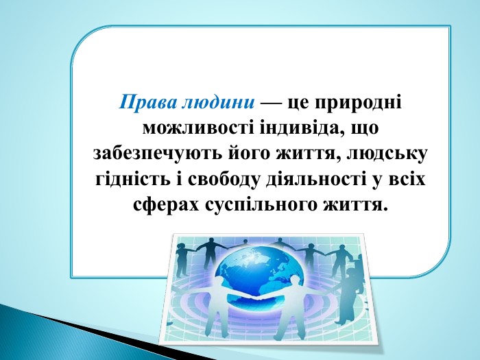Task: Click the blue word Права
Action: tap(148, 102)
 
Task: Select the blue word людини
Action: tap(218, 103)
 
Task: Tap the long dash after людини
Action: tap(271, 103)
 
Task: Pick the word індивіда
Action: tap(305, 129)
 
